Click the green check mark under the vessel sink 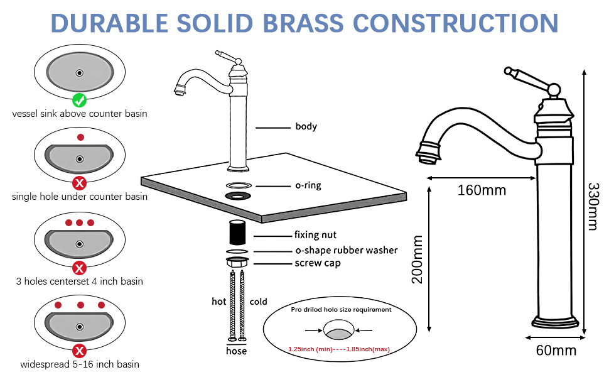pyautogui.click(x=79, y=101)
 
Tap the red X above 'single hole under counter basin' pyautogui.click(x=79, y=183)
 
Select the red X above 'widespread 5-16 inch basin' pyautogui.click(x=79, y=351)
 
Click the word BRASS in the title pyautogui.click(x=303, y=23)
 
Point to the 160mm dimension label pyautogui.click(x=482, y=190)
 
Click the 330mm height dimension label pyautogui.click(x=593, y=206)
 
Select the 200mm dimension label pyautogui.click(x=417, y=260)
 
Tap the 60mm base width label pyautogui.click(x=556, y=351)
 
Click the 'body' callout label pyautogui.click(x=306, y=126)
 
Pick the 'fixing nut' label pyautogui.click(x=315, y=235)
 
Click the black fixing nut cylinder pyautogui.click(x=237, y=232)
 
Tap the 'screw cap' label pyautogui.click(x=317, y=263)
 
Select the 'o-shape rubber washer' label pyautogui.click(x=347, y=250)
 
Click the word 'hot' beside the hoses pyautogui.click(x=218, y=302)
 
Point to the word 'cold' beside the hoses pyautogui.click(x=258, y=302)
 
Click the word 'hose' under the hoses pyautogui.click(x=236, y=351)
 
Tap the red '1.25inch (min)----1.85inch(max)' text pyautogui.click(x=338, y=349)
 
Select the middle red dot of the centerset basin pyautogui.click(x=79, y=222)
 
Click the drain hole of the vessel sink pyautogui.click(x=79, y=73)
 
